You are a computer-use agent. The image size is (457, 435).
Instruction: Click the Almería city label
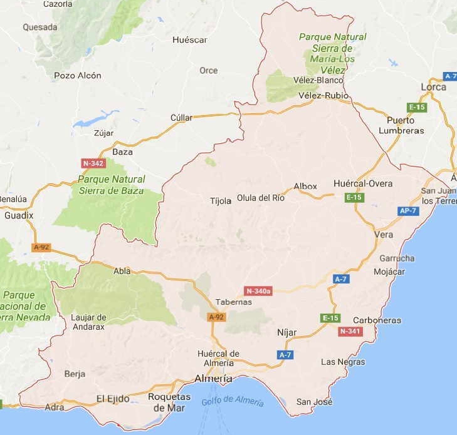[x=213, y=379]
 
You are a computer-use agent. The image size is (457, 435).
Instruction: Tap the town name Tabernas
[x=233, y=302]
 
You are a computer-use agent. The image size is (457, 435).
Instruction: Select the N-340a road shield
[x=258, y=291]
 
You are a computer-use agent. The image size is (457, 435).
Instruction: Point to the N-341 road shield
[x=350, y=331]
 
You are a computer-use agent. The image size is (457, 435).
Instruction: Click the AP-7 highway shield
[x=407, y=211]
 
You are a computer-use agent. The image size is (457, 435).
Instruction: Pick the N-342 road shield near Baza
[x=93, y=163]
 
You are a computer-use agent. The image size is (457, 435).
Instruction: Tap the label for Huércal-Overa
[x=363, y=183]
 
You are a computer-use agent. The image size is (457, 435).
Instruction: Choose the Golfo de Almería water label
[x=233, y=401]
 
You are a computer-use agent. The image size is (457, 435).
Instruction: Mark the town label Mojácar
[x=389, y=272]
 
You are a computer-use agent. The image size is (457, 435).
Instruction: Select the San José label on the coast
[x=314, y=402]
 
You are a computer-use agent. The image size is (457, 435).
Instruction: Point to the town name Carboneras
[x=377, y=320]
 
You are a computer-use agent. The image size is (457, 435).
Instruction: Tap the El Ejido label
[x=113, y=398]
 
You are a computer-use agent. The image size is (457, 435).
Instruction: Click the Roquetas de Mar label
[x=169, y=402]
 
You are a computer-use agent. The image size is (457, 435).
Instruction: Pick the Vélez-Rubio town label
[x=323, y=95]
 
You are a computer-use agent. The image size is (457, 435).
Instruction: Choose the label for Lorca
[x=433, y=87]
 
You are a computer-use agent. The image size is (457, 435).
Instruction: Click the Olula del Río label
[x=261, y=198]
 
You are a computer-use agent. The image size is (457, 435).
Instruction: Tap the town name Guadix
[x=18, y=215]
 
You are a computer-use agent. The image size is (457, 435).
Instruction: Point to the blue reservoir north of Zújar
[x=94, y=119]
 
